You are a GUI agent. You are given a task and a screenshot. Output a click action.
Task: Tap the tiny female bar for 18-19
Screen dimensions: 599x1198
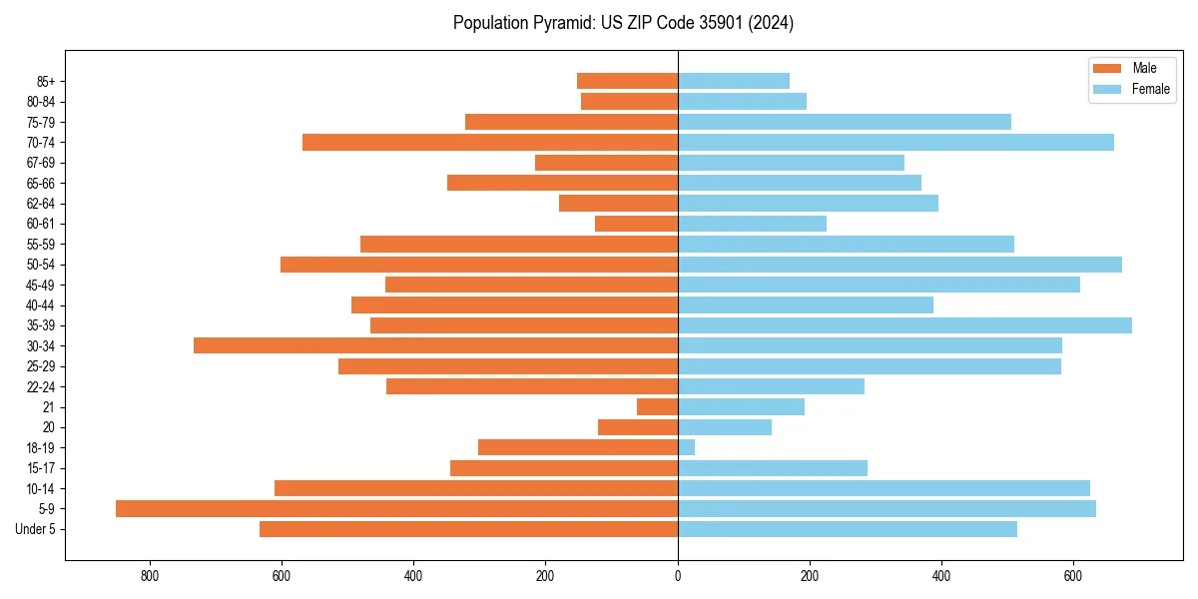point(686,447)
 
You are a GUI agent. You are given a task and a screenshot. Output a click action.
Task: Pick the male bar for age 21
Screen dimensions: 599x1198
point(657,406)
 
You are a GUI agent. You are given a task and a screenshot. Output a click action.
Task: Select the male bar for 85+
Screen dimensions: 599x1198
point(627,81)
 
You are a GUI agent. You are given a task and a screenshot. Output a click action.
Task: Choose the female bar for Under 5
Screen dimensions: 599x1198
point(848,529)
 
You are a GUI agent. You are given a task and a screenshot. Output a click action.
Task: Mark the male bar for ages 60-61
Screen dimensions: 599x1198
point(636,224)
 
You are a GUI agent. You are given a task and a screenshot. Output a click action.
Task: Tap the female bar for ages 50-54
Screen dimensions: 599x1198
point(899,265)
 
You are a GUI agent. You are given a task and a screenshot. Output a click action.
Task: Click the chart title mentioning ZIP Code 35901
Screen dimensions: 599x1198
point(623,23)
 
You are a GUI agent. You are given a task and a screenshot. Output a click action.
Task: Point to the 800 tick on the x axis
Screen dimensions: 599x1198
point(150,575)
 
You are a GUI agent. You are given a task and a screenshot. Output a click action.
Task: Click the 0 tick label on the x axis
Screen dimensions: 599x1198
point(678,575)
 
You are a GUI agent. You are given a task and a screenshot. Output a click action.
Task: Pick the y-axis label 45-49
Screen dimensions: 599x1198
point(39,285)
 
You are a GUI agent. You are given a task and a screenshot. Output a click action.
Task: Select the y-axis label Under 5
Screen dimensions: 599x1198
point(35,529)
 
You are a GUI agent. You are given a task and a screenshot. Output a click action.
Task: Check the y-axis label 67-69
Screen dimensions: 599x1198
point(39,163)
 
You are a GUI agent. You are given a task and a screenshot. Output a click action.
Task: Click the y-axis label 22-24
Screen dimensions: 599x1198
point(39,386)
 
